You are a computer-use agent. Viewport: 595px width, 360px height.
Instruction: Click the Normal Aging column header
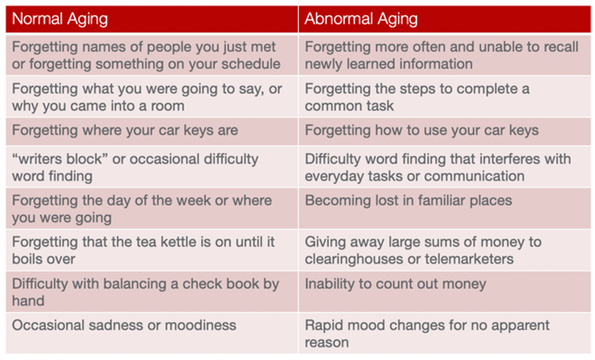[60, 19]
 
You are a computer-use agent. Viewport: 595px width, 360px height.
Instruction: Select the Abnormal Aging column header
[361, 19]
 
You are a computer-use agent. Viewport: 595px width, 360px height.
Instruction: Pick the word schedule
[251, 64]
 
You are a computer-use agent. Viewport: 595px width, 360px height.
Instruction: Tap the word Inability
[329, 284]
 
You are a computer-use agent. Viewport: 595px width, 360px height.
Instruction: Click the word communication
[474, 176]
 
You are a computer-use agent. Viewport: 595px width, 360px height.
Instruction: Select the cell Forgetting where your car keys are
[125, 130]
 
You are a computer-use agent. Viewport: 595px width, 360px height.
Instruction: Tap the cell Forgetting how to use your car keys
[422, 130]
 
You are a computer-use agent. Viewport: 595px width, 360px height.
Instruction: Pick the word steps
[416, 90]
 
